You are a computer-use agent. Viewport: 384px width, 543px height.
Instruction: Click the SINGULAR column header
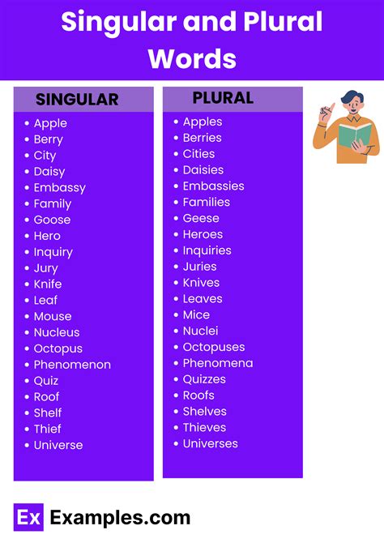(x=77, y=100)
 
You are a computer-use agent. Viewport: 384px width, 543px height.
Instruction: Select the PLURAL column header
(x=223, y=98)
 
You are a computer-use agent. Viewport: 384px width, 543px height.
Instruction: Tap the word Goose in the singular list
(x=52, y=220)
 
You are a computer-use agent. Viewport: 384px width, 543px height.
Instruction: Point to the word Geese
(x=201, y=218)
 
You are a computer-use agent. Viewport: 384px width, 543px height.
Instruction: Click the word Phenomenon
(x=72, y=365)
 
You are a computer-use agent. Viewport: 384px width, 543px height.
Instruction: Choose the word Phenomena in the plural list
(x=218, y=363)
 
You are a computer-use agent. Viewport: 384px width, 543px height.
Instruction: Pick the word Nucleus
(x=57, y=332)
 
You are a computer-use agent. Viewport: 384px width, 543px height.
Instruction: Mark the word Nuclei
(x=200, y=331)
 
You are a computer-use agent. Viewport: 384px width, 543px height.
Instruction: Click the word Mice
(x=196, y=314)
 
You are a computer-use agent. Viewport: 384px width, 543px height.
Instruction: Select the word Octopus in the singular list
(x=58, y=348)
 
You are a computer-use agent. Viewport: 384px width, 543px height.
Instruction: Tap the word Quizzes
(x=204, y=379)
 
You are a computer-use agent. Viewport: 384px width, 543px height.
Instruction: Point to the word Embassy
(x=59, y=187)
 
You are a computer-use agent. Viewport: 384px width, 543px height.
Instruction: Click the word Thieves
(x=204, y=427)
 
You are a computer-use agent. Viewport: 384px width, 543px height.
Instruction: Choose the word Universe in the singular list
(x=58, y=445)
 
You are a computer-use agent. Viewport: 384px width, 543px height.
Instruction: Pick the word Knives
(x=202, y=283)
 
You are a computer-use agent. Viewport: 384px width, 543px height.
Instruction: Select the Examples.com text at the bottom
(x=120, y=518)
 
